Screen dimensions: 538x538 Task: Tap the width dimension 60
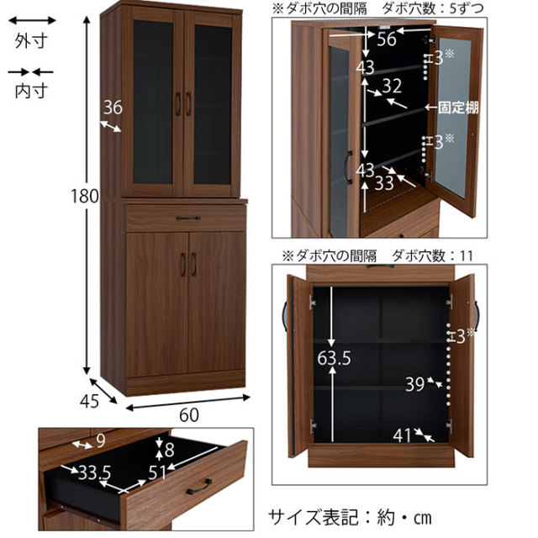point(189,414)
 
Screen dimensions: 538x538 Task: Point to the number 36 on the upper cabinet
point(113,107)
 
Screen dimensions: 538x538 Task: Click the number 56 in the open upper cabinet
point(387,39)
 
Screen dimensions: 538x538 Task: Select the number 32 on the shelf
point(392,85)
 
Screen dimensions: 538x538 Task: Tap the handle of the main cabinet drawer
point(187,218)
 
